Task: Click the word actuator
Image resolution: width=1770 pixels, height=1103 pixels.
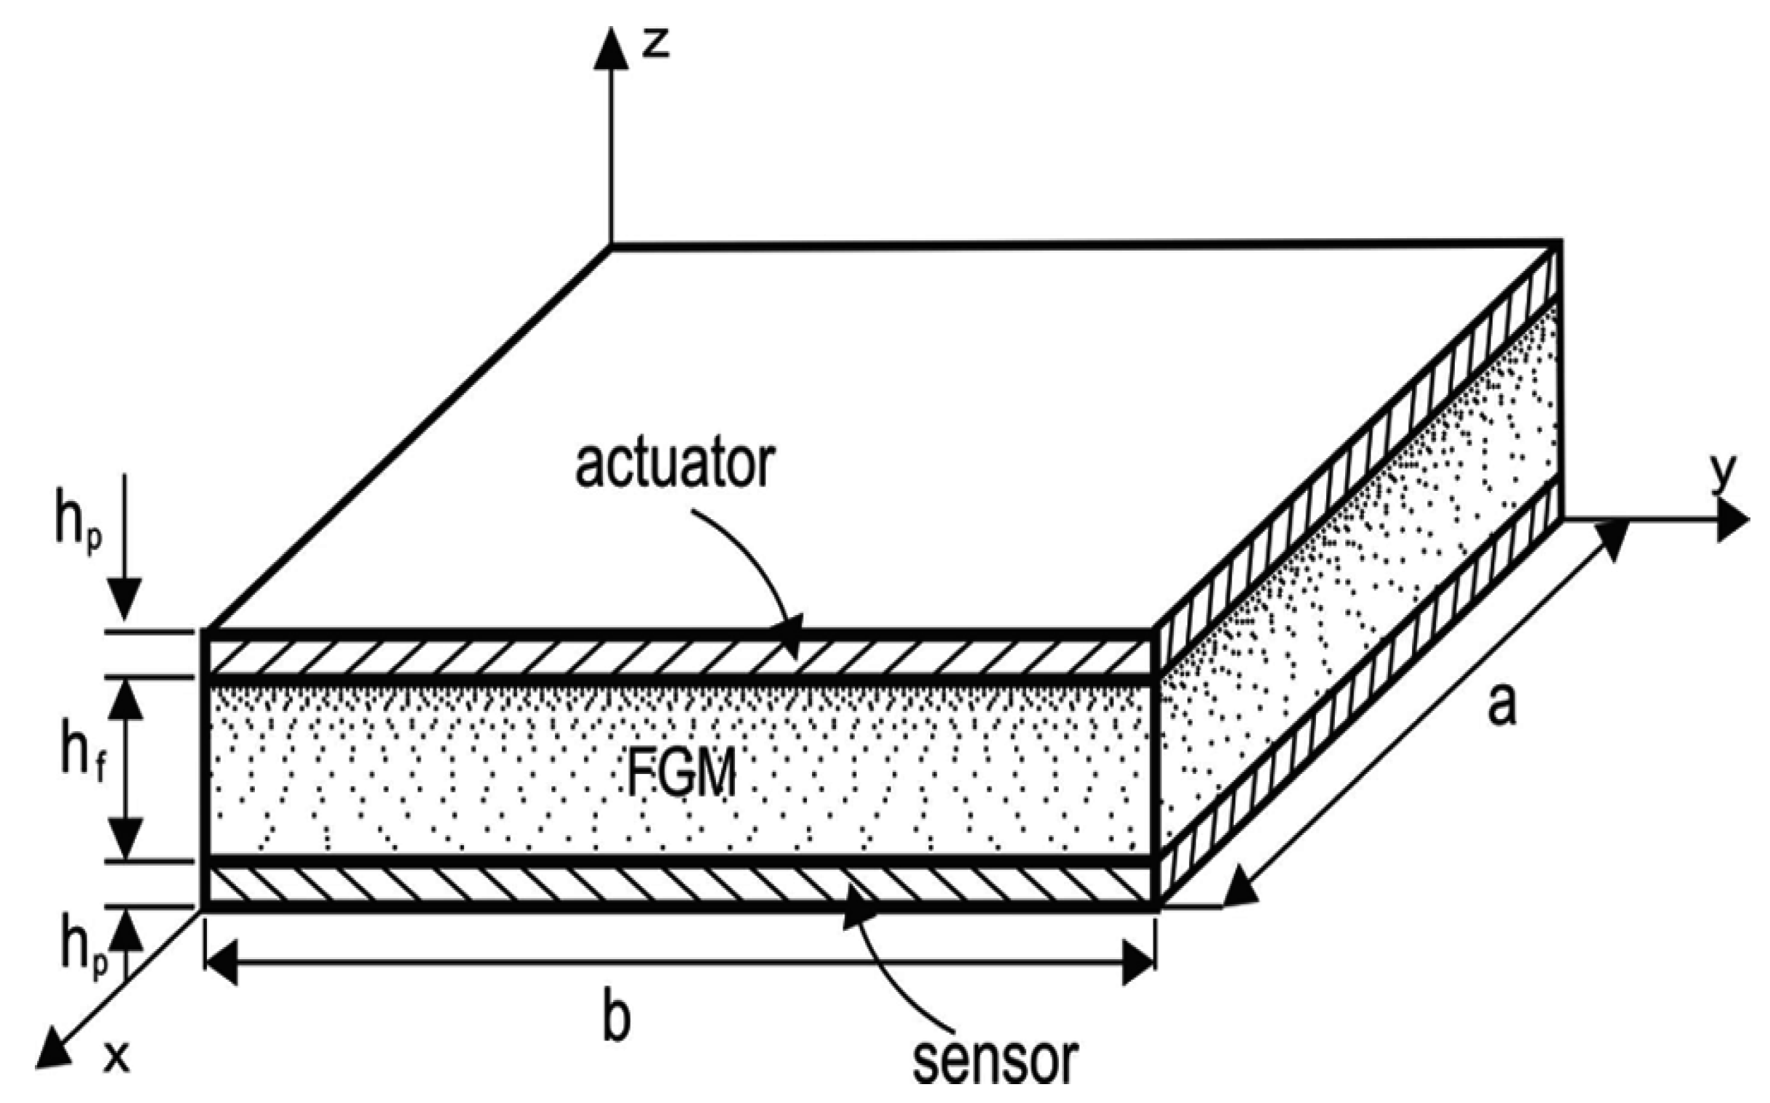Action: (674, 465)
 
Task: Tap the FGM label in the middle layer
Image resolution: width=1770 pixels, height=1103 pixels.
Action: (681, 774)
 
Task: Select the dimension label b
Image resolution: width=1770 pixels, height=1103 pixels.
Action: (616, 1021)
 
